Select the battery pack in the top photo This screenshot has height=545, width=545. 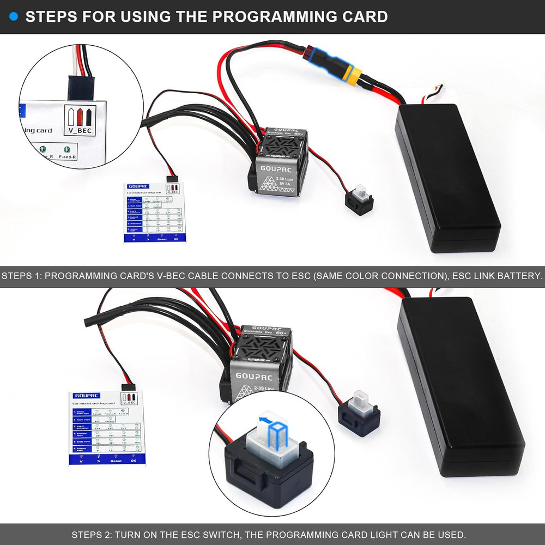(x=447, y=177)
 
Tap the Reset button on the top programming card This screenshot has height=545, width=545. (x=162, y=239)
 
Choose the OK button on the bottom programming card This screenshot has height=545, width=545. (x=134, y=460)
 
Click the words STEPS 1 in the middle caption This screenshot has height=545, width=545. (x=21, y=276)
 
